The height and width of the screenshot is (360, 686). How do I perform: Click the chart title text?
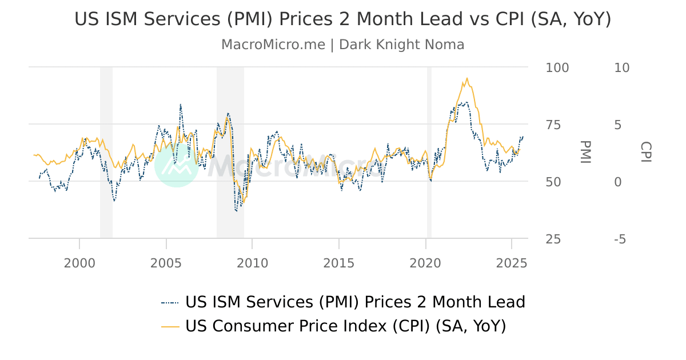(343, 19)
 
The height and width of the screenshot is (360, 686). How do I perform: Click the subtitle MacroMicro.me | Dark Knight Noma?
(343, 45)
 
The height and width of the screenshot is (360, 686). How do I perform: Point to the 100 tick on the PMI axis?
(557, 67)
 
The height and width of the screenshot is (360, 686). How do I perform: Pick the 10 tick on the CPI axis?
(621, 67)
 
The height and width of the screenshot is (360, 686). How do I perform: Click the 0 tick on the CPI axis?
(617, 182)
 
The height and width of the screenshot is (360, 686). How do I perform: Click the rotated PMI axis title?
(584, 152)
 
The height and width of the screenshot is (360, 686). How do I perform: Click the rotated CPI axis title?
(645, 152)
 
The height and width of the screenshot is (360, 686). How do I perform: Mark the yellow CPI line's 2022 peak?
(467, 78)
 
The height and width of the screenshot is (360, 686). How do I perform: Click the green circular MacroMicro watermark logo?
(177, 165)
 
